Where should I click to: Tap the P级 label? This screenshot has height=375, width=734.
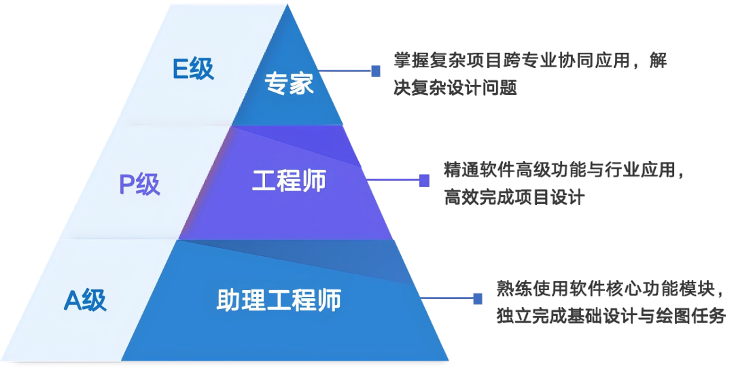[139, 184]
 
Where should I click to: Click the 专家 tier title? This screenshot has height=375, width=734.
[289, 85]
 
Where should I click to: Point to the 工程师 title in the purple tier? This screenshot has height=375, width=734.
[289, 181]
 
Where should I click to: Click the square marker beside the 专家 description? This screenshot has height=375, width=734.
[376, 70]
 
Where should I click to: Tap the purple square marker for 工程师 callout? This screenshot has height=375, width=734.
[424, 180]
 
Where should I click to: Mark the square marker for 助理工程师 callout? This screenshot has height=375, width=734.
[478, 298]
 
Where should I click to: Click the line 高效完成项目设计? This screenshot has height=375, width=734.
[514, 197]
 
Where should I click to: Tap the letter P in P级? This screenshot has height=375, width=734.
[127, 184]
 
